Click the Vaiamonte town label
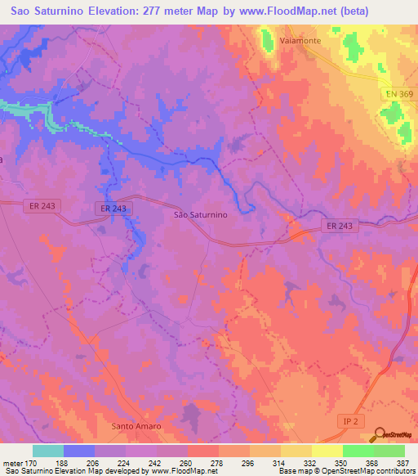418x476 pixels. (299, 38)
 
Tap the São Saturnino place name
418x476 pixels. (200, 214)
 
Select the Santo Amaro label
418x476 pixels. (136, 427)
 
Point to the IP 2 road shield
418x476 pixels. (349, 420)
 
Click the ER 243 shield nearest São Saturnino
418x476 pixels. (113, 209)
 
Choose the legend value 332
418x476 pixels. (311, 462)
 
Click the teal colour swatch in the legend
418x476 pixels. (48, 451)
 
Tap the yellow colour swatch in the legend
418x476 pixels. (327, 451)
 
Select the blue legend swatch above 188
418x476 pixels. (79, 451)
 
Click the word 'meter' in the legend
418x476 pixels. (11, 462)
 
